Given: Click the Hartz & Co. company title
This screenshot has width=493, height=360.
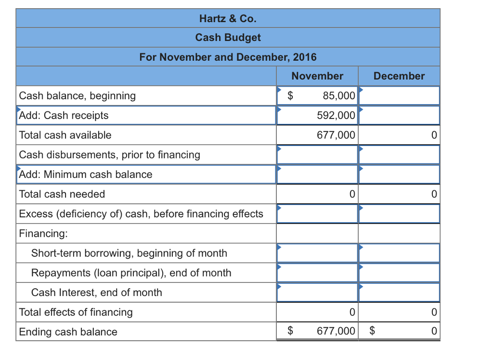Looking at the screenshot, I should coord(228,19).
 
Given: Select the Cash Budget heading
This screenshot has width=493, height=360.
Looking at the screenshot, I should coord(228,38).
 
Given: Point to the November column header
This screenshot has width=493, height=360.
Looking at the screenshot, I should coord(317,76).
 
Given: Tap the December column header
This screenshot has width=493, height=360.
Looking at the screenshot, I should coord(399,76).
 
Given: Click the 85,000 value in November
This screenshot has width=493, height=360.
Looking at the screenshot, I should coord(339,96).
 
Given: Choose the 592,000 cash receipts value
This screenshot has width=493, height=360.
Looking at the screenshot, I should coord(336,116).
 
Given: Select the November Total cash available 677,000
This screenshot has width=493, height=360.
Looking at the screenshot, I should coord(336,135).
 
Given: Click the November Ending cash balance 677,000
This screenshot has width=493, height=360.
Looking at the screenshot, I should coord(336,332).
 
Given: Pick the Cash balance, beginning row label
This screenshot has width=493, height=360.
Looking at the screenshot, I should coord(78,96).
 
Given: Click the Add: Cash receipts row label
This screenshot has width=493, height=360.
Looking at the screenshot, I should coord(64,116).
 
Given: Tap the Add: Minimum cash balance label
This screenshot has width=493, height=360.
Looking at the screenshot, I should coord(86,174).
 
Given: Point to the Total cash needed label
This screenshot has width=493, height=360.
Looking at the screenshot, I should coord(62,194).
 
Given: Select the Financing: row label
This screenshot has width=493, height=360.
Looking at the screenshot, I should coord(43,234).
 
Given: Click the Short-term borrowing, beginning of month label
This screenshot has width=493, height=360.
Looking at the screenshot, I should coord(129,253).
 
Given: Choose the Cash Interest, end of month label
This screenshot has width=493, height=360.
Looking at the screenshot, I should coord(97,293).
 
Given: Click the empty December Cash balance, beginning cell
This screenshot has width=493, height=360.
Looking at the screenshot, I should coord(399,96).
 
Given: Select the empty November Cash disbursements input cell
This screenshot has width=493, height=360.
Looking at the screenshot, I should coord(317,155).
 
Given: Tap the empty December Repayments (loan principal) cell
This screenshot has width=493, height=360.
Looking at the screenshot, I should coord(399,273).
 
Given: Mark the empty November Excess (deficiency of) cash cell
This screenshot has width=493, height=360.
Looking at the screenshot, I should coord(317,214).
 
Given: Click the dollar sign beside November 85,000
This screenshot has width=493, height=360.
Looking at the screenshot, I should coord(290,96).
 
